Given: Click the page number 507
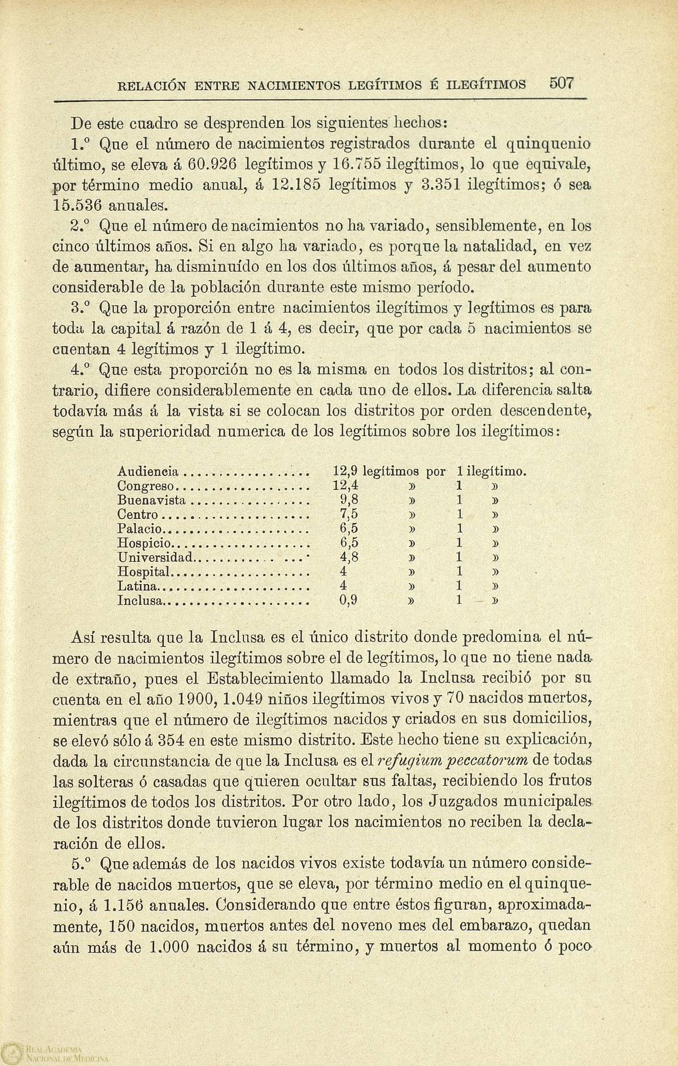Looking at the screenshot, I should pos(561,83).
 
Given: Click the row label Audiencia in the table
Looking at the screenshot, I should pos(148,471).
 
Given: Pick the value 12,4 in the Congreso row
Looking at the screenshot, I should pos(346,486).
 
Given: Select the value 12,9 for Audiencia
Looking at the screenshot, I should pos(346,471).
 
